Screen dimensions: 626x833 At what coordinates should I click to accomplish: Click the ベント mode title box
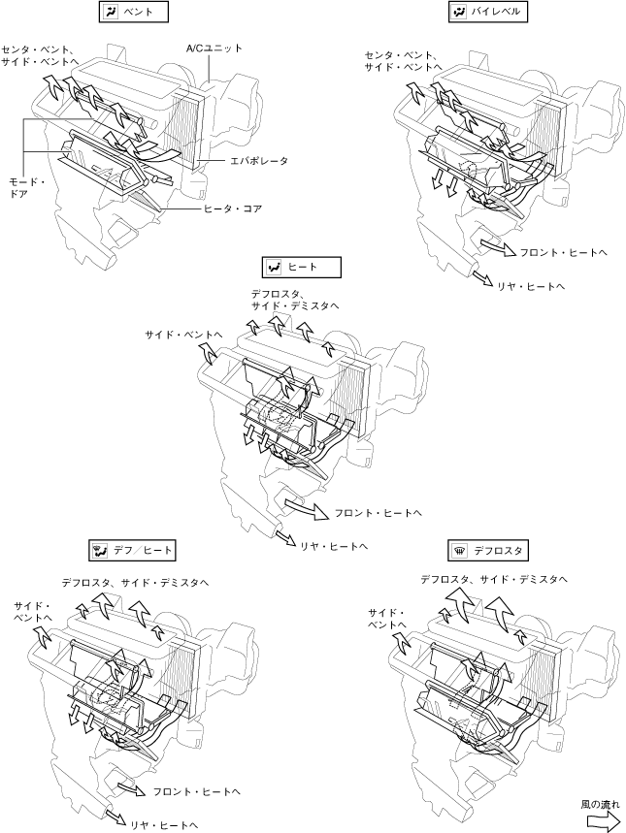pos(134,12)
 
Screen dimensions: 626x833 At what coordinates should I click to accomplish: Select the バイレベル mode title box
pos(488,12)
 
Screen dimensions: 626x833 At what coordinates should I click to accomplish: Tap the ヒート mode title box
pos(302,268)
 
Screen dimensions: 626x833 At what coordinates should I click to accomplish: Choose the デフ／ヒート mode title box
pos(132,551)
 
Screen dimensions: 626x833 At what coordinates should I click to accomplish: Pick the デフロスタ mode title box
pos(488,551)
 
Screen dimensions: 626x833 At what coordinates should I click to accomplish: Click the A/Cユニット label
pos(214,48)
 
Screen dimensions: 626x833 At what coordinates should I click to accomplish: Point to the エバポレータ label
pos(259,160)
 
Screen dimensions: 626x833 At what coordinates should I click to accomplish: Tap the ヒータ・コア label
pos(234,208)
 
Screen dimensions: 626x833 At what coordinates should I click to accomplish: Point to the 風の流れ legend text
pos(600,805)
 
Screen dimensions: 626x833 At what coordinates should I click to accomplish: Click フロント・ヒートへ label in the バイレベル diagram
pos(563,253)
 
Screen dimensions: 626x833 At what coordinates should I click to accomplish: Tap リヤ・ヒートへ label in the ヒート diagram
pos(334,546)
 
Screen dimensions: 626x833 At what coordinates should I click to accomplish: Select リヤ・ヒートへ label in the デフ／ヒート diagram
pos(164,825)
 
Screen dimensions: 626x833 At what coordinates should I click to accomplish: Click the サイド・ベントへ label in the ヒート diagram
pos(183,336)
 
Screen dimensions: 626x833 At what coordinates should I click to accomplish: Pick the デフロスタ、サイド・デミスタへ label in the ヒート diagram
pos(295,300)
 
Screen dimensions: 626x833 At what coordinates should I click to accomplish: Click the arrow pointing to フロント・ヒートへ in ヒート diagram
pos(307,508)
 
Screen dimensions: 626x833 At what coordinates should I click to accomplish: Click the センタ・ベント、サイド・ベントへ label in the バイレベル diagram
pos(403,61)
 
